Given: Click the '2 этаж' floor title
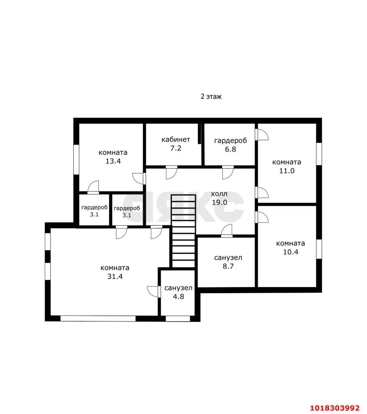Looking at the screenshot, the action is pos(211,96).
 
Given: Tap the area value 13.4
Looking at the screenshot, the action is pos(113,161).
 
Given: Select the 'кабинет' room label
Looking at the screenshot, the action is pos(176,140).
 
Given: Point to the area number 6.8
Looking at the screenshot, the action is pos(230,149).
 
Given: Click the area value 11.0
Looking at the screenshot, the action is pos(287,171).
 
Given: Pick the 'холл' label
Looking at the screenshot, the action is pos(219,194).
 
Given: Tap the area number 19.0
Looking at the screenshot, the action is pos(219,202).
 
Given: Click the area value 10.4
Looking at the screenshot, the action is pos(291,252).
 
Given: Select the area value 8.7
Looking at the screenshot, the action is pos(228,266).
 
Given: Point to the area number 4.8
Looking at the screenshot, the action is pos(178,297).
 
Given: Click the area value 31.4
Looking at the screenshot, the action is pos(115,277).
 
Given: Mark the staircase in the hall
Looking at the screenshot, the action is pos(184,231).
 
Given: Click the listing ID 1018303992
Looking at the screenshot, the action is pos(335,402).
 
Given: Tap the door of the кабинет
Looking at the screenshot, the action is pos(172,172).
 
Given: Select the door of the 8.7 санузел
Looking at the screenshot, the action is pos(227,231).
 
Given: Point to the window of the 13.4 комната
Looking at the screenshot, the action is pos(76,159).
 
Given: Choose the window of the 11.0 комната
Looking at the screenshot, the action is pos(319,154).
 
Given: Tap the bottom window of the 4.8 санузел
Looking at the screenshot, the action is pos(178,319).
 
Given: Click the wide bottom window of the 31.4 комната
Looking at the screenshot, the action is pos(98,319).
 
